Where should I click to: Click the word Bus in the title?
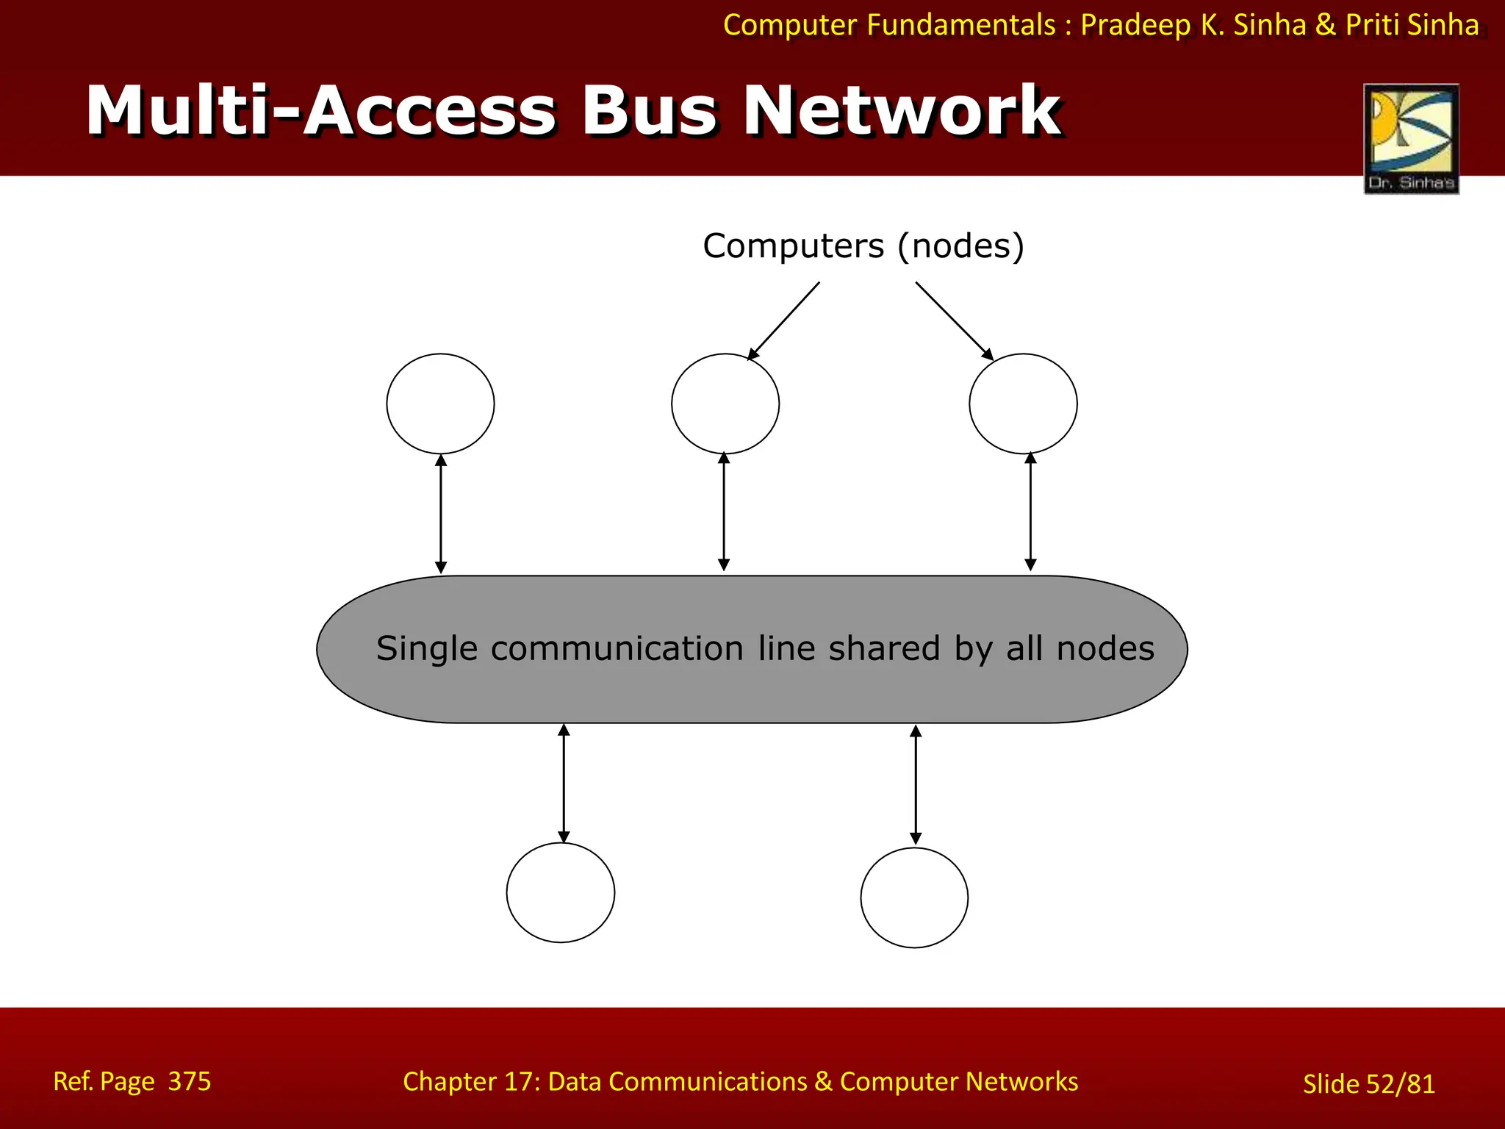pyautogui.click(x=649, y=112)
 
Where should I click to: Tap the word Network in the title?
pyautogui.click(x=901, y=112)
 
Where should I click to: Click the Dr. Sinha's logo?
pyautogui.click(x=1411, y=138)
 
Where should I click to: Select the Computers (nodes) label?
pyautogui.click(x=863, y=246)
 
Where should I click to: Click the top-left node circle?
pyautogui.click(x=440, y=404)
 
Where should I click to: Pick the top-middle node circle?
pyautogui.click(x=725, y=404)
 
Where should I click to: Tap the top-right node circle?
pyautogui.click(x=1023, y=404)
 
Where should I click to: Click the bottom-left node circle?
pyautogui.click(x=560, y=892)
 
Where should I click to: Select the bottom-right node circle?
pyautogui.click(x=914, y=897)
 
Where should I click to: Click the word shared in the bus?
pyautogui.click(x=884, y=649)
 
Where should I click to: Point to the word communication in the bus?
pyautogui.click(x=617, y=649)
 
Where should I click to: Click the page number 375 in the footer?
pyautogui.click(x=189, y=1081)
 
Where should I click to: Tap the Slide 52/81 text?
pyautogui.click(x=1368, y=1084)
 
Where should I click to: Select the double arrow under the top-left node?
pyautogui.click(x=441, y=514)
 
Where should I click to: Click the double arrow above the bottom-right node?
pyautogui.click(x=916, y=784)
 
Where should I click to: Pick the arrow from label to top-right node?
pyautogui.click(x=954, y=320)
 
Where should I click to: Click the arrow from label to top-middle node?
pyautogui.click(x=783, y=321)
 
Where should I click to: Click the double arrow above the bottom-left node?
pyautogui.click(x=564, y=783)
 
